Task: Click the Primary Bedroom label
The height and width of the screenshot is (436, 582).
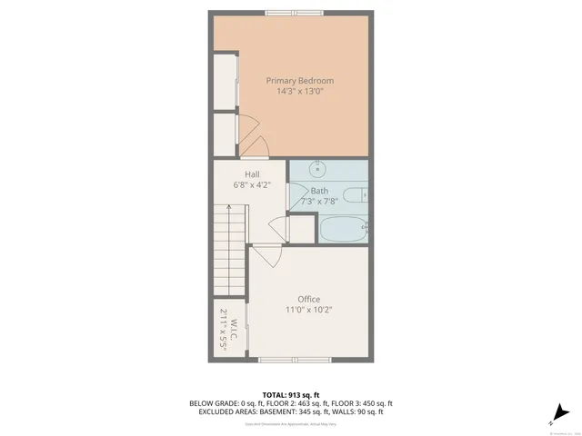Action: [x=295, y=80]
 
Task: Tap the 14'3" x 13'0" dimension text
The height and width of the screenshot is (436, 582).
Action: [x=295, y=91]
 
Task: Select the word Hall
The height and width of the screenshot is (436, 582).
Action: [x=252, y=173]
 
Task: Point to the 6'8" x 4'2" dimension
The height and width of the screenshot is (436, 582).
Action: [x=252, y=184]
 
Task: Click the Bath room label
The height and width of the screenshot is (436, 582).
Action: [x=319, y=191]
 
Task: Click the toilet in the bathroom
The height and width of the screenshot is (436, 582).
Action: [x=362, y=193]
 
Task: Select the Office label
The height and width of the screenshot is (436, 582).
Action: [x=309, y=299]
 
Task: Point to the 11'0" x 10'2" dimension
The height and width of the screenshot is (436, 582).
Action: [x=309, y=310]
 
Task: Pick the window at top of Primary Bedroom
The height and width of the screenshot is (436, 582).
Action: [x=294, y=13]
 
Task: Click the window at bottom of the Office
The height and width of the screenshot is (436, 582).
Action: [x=292, y=361]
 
